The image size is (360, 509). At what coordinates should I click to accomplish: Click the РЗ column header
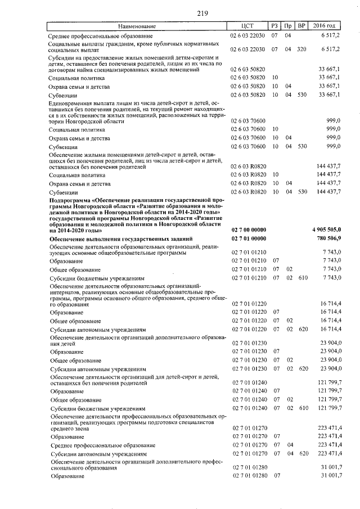pyautogui.click(x=274, y=26)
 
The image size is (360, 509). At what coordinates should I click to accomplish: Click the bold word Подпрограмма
pyautogui.click(x=70, y=199)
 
